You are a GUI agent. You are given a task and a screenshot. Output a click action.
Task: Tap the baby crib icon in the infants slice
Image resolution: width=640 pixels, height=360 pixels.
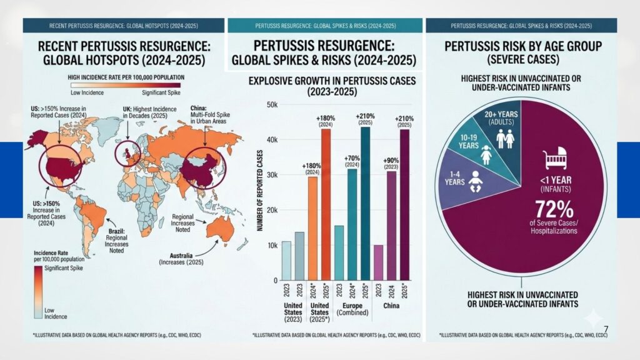[x=556, y=159]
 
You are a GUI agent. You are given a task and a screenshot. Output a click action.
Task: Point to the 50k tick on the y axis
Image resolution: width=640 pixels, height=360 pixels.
[x=271, y=104]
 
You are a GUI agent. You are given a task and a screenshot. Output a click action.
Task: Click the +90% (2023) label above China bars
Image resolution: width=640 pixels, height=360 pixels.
[x=391, y=162]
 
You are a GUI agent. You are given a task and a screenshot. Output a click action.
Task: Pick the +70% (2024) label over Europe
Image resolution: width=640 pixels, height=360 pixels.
[x=352, y=161]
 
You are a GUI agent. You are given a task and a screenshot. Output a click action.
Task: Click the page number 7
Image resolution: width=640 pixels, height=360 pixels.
[x=606, y=328]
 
